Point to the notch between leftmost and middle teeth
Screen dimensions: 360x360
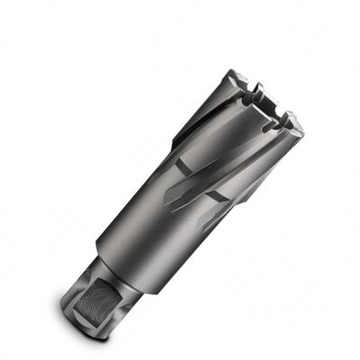pyautogui.click(x=256, y=89)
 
